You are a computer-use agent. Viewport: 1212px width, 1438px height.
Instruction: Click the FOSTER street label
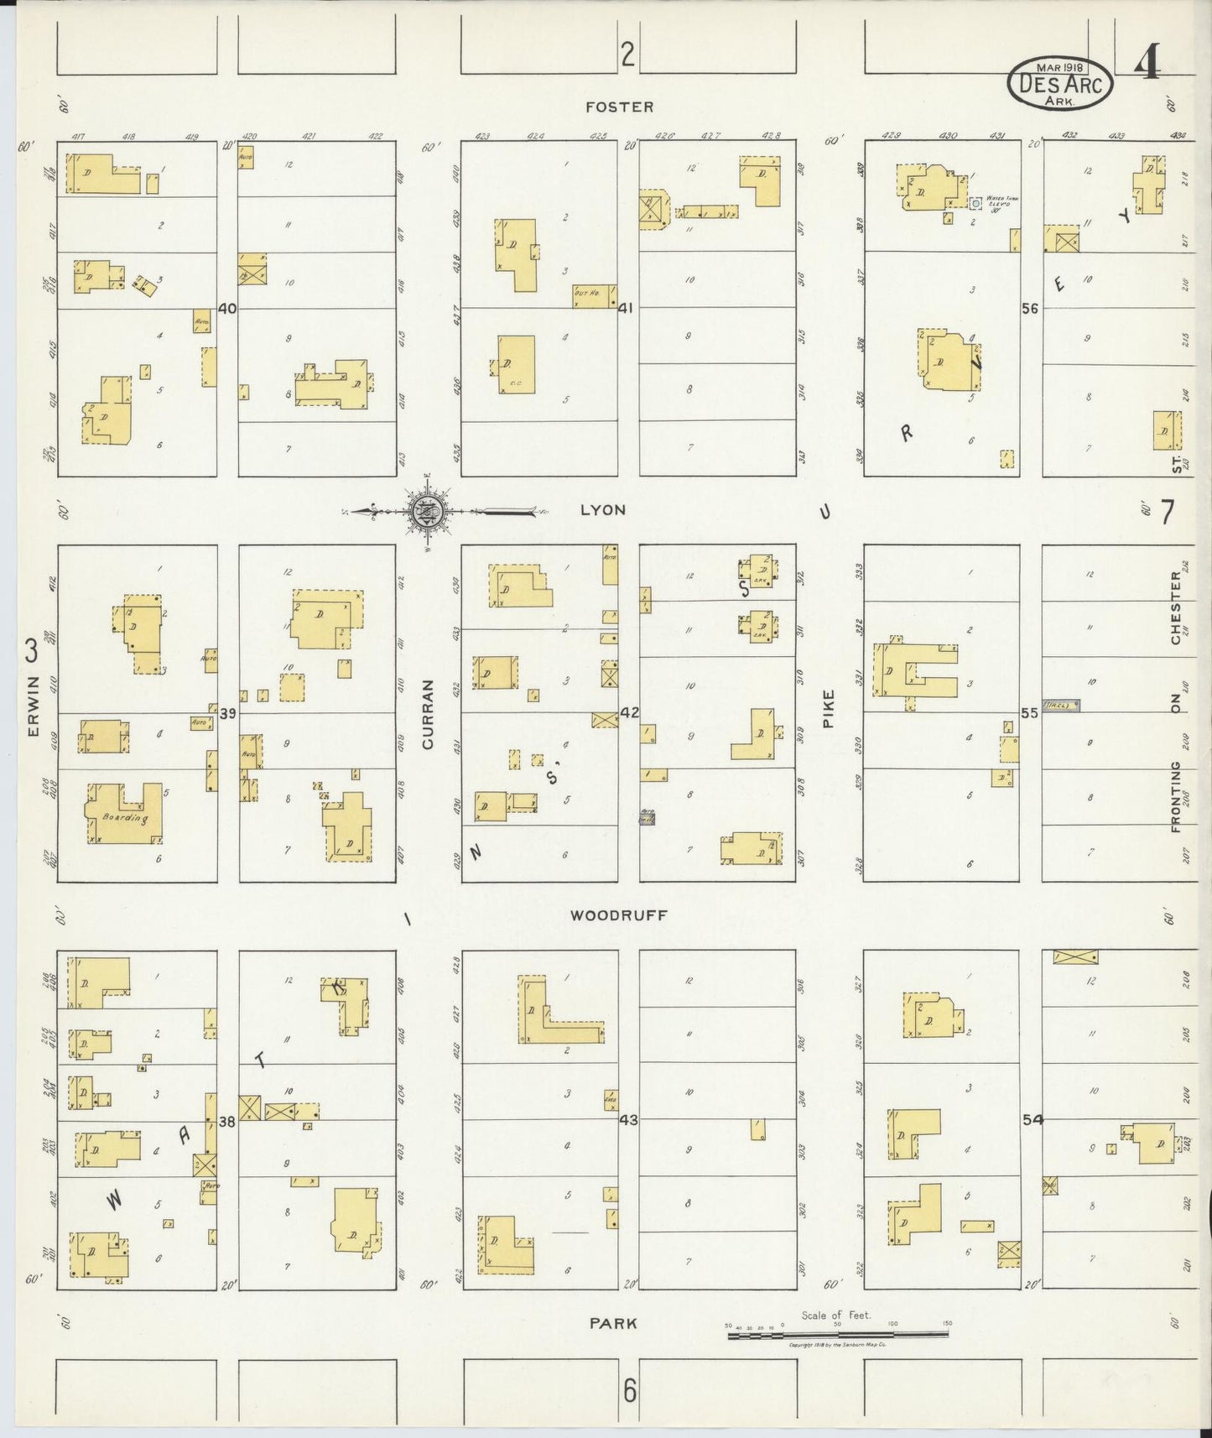click(x=619, y=107)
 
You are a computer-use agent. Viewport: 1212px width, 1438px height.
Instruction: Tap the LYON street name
click(x=603, y=510)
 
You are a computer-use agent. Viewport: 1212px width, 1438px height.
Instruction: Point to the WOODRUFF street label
click(x=618, y=915)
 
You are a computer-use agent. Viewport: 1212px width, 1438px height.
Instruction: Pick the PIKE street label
click(x=829, y=708)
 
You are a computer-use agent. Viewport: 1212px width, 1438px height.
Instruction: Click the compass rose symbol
click(x=429, y=510)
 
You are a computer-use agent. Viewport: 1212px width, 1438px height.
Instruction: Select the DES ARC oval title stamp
click(x=1060, y=84)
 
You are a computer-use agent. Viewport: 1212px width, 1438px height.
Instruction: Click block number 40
click(x=226, y=308)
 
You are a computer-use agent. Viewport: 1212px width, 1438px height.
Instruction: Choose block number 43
click(x=628, y=1119)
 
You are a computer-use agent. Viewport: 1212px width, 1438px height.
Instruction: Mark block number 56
click(x=1031, y=308)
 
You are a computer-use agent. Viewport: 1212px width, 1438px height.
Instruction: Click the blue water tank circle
click(x=975, y=203)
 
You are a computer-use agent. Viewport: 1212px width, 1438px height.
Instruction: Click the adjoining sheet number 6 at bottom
click(x=629, y=1392)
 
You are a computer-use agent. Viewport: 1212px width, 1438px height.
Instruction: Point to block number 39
click(x=228, y=713)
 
